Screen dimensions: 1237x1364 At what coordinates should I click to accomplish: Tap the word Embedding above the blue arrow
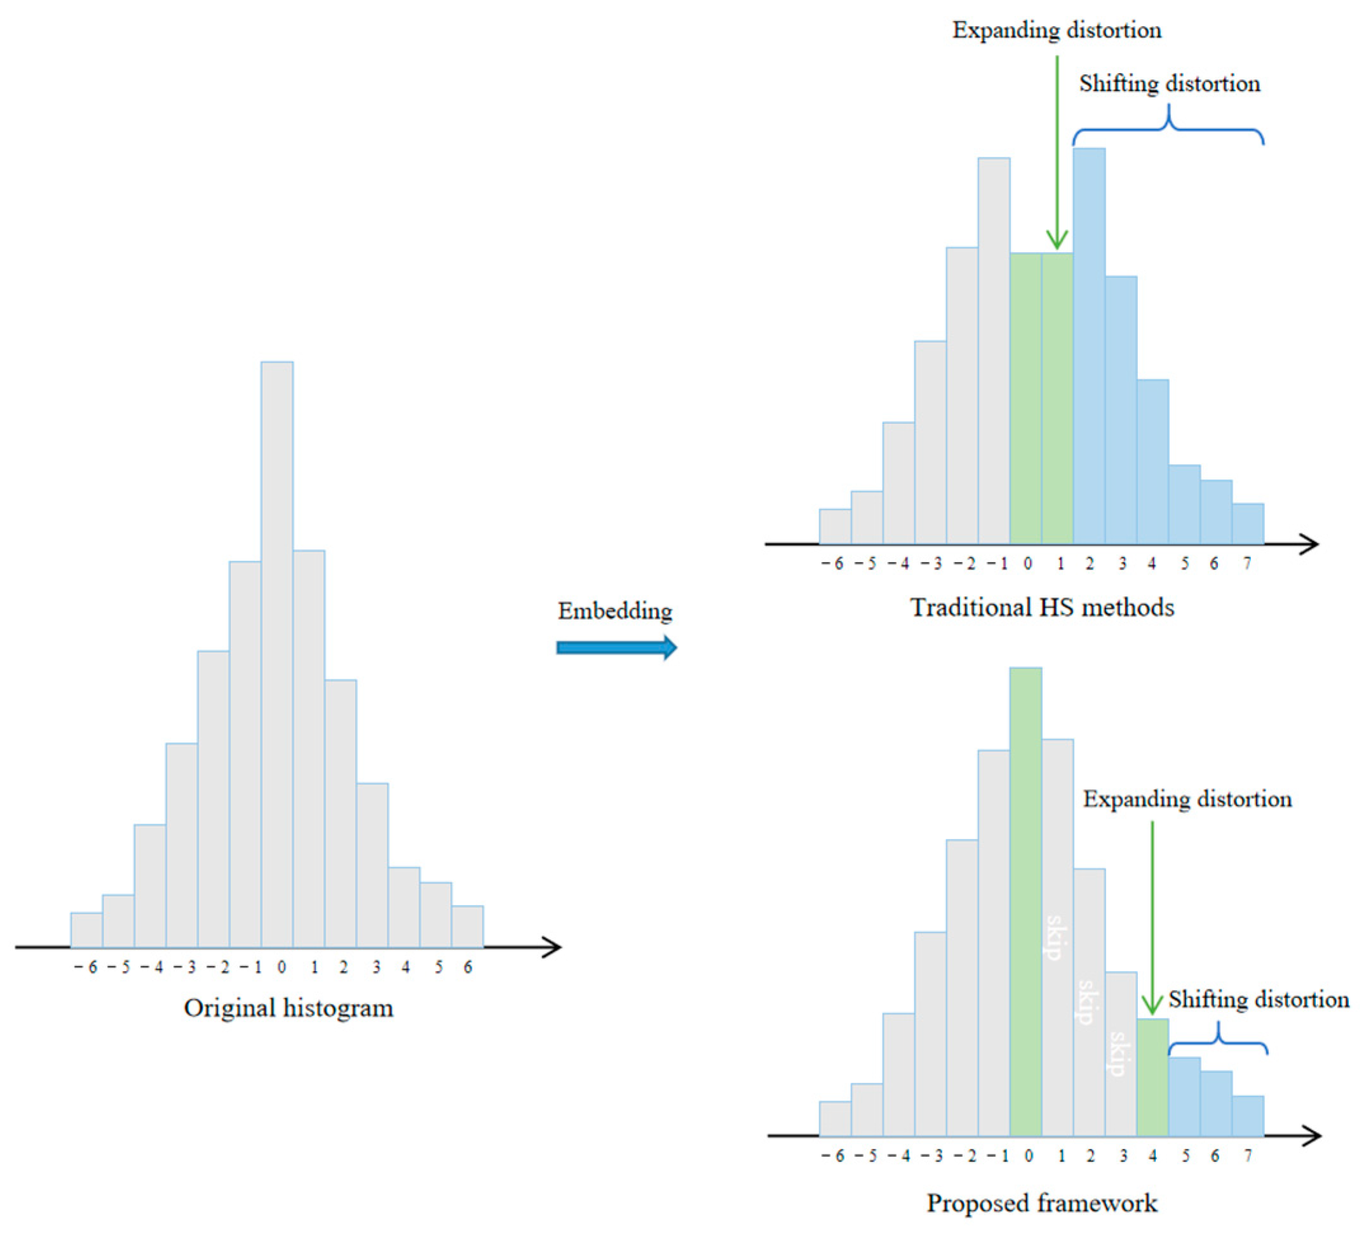tap(614, 611)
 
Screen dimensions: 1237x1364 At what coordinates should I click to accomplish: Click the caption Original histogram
tap(288, 1008)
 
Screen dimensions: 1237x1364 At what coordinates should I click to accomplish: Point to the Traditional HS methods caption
tap(1041, 607)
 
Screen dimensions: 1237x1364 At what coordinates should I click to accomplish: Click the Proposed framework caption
tap(1041, 1203)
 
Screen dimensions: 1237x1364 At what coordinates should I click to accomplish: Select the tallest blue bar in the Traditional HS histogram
tap(1088, 345)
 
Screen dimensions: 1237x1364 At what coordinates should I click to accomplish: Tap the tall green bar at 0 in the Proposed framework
tap(1025, 900)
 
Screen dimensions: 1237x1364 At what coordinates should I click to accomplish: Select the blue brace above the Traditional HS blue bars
tap(1168, 128)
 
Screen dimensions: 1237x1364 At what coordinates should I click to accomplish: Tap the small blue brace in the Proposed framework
tap(1218, 1043)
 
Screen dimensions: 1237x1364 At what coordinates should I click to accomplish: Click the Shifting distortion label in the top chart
tap(1169, 84)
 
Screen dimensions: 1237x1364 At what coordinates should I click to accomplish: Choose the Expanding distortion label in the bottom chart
tap(1187, 799)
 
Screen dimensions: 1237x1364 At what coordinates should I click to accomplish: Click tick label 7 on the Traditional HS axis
tap(1247, 564)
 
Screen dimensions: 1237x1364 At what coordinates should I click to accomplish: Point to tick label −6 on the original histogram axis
tap(86, 968)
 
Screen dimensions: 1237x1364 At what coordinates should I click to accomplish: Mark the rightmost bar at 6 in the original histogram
tap(467, 926)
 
